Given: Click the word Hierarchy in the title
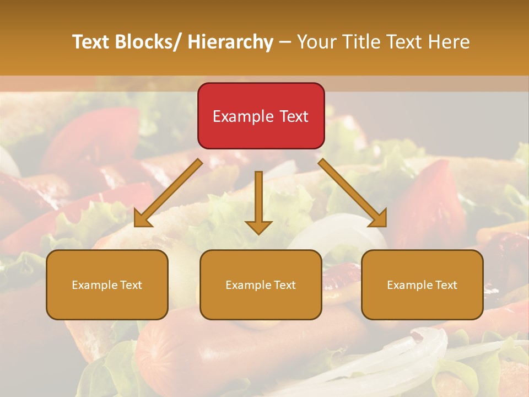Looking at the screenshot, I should (230, 42).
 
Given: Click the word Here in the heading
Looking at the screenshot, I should (449, 42).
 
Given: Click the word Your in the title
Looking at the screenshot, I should (317, 42).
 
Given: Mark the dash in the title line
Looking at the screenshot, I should (285, 42).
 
